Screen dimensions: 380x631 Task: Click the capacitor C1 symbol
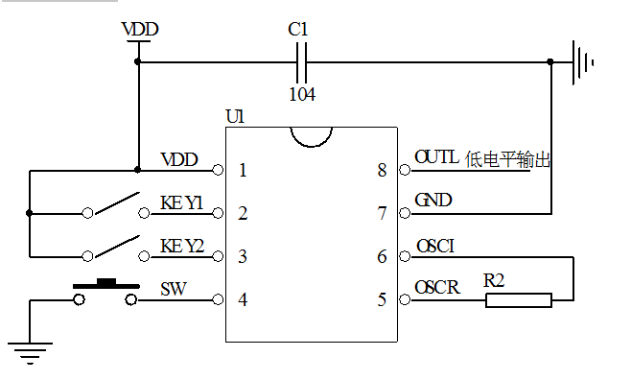303,62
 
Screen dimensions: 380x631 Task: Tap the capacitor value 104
302,94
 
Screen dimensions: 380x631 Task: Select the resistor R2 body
518,300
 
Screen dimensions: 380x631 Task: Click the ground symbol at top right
581,62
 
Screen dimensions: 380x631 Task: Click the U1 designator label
235,116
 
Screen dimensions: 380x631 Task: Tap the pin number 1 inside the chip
243,171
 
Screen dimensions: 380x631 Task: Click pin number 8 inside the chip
382,171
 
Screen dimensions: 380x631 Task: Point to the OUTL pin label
436,156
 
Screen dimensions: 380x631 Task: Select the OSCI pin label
434,246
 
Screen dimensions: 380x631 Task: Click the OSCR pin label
436,288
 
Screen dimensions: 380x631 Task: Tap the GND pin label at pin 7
433,201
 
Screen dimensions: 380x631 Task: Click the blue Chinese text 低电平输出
508,158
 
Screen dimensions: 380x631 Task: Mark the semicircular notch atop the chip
312,136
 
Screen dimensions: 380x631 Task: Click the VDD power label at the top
140,30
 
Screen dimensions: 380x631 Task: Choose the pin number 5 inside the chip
382,300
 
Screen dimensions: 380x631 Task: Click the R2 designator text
494,280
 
